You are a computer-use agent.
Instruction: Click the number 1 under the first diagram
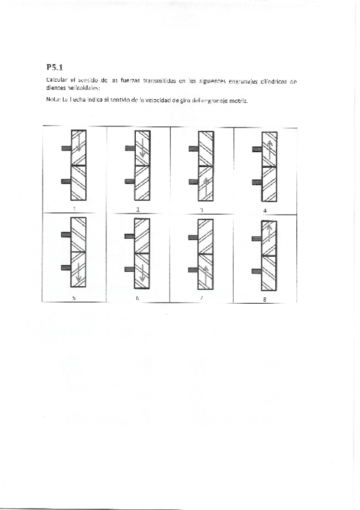[75, 209]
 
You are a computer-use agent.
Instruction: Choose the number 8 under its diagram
[265, 298]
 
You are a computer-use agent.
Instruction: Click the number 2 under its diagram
[138, 209]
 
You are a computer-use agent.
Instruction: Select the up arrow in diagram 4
[270, 147]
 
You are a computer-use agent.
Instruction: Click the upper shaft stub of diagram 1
[66, 147]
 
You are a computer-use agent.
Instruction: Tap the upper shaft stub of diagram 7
[193, 238]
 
